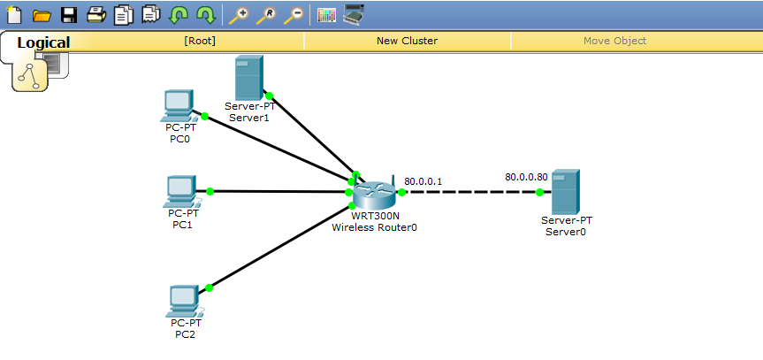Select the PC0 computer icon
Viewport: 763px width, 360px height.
click(x=179, y=106)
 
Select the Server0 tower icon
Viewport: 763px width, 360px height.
click(x=565, y=190)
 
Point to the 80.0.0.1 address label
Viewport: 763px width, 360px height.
click(x=423, y=181)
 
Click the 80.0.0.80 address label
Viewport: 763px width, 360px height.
click(x=526, y=177)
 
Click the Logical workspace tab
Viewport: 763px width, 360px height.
click(x=43, y=42)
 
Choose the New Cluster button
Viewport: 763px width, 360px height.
click(x=407, y=41)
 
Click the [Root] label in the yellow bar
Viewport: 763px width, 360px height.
click(x=200, y=41)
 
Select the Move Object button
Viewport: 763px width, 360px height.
click(x=614, y=41)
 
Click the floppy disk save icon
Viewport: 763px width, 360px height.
click(x=68, y=14)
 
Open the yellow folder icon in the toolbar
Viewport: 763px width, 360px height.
click(x=41, y=14)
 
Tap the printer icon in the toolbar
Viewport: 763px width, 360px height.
click(x=96, y=14)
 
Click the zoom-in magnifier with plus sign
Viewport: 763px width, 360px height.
click(x=238, y=14)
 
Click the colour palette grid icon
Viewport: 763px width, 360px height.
click(x=325, y=14)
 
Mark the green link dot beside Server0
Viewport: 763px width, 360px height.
click(x=539, y=192)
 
